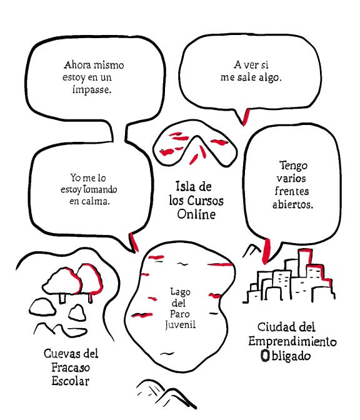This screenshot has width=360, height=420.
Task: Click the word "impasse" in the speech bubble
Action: click(91, 89)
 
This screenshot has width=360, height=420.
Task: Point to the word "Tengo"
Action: click(293, 166)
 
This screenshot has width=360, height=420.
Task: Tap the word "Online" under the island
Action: click(196, 214)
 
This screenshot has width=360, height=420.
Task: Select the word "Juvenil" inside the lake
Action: click(180, 325)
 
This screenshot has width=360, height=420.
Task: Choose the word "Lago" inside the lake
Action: click(180, 292)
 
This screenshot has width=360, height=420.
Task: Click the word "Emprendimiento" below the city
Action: click(292, 341)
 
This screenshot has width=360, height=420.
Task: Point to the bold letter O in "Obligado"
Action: click(264, 356)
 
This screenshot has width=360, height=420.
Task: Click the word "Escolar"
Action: click(70, 381)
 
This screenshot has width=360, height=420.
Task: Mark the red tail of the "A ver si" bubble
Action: click(246, 117)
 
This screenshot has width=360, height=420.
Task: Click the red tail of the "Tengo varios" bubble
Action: click(266, 251)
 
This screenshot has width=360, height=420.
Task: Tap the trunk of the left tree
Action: click(62, 298)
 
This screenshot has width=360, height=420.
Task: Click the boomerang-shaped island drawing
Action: click(195, 147)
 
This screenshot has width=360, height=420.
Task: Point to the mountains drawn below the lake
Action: click(166, 394)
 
